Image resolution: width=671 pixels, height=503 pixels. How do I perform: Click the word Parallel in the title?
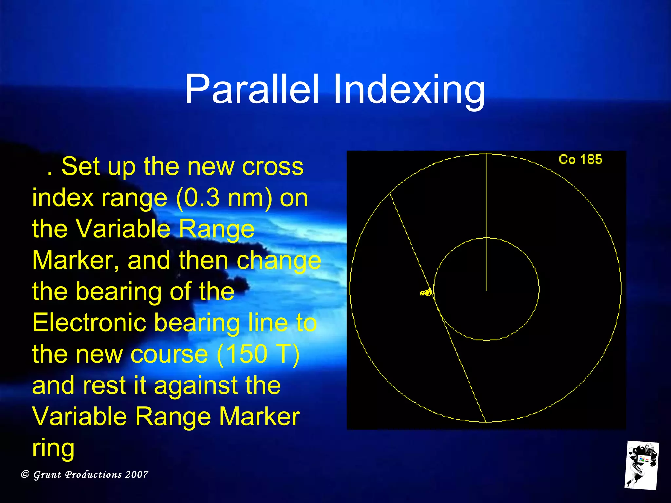252,89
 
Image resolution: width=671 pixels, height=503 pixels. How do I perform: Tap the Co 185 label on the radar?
580,159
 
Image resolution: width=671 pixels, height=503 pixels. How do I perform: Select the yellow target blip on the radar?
426,292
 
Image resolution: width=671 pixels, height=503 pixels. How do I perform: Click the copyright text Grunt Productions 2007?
85,475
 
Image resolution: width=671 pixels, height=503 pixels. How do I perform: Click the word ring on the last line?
53,448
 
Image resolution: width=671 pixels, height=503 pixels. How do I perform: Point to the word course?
169,354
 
